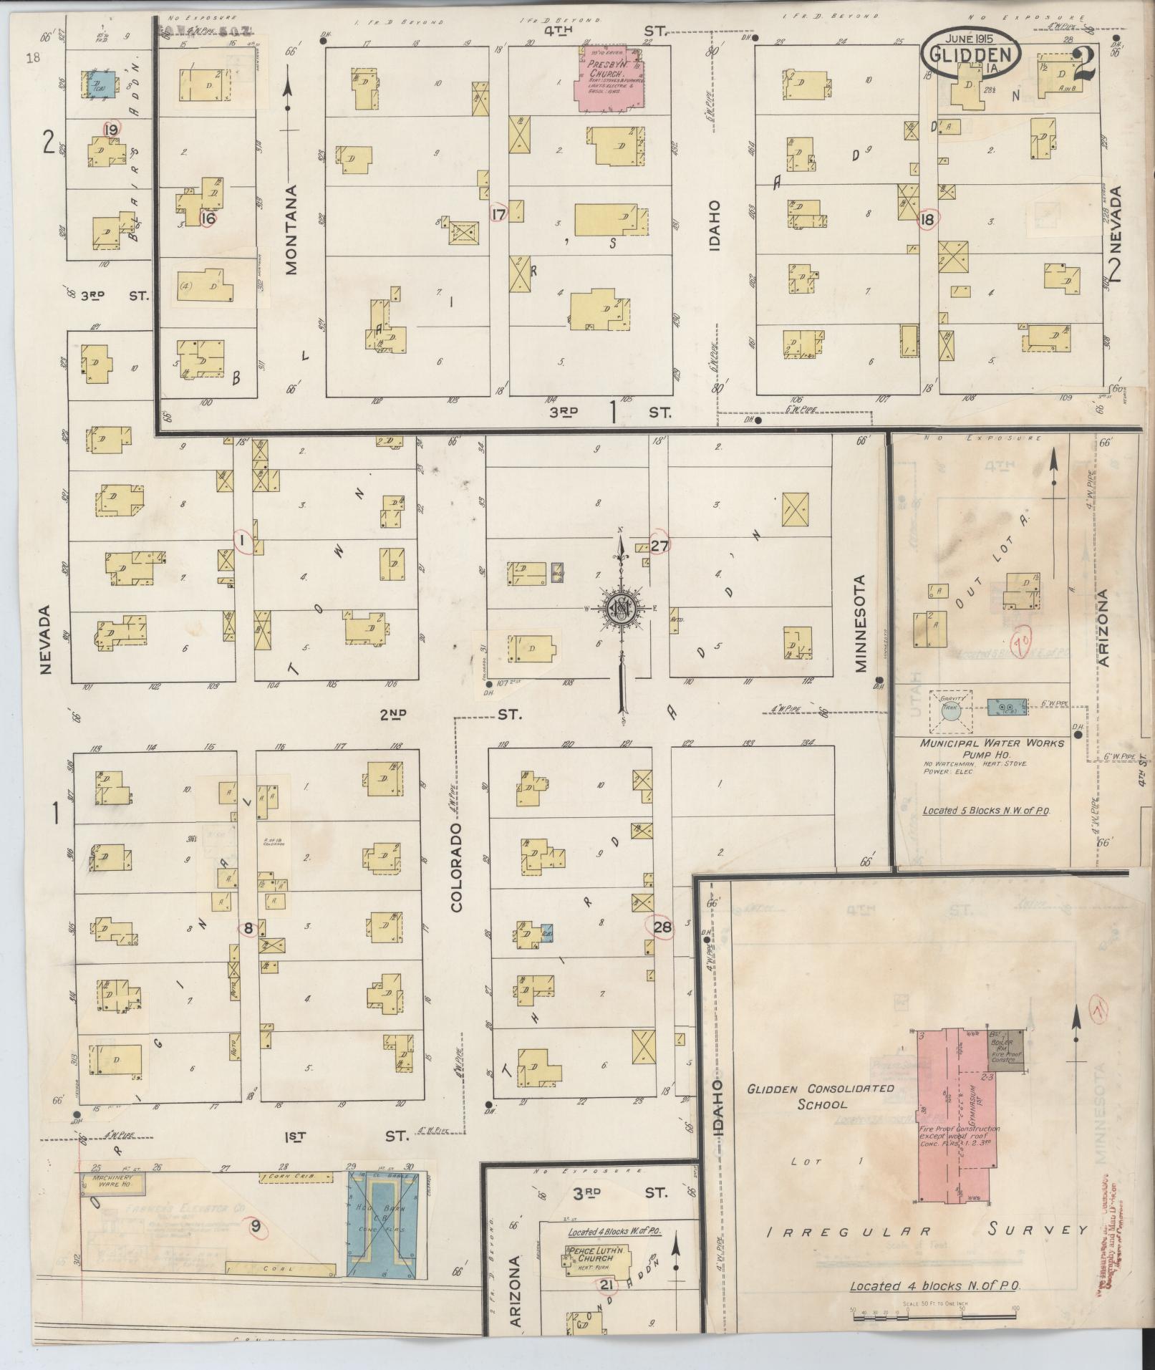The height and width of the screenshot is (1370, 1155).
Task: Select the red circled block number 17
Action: pyautogui.click(x=498, y=213)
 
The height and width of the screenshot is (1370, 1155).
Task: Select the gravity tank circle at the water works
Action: pyautogui.click(x=950, y=710)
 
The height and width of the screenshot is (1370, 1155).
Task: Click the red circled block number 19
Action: pyautogui.click(x=110, y=130)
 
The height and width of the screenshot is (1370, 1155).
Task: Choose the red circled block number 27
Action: pyautogui.click(x=659, y=546)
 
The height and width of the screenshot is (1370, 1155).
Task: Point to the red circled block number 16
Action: pyautogui.click(x=208, y=219)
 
